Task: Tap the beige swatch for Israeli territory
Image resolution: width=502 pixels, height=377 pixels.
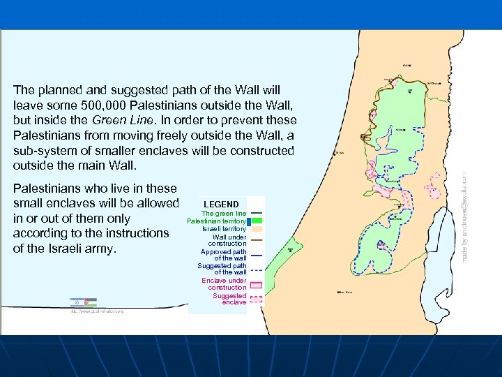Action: coord(256,229)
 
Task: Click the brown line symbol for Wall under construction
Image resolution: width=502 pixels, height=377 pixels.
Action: coord(256,239)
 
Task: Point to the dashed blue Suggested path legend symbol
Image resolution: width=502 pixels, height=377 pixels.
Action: coord(256,269)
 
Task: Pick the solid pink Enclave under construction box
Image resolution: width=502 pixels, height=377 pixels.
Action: coord(256,284)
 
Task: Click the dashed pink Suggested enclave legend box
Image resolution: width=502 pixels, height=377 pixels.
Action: coord(256,300)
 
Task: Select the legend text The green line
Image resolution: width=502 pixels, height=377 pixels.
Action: coord(224,214)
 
